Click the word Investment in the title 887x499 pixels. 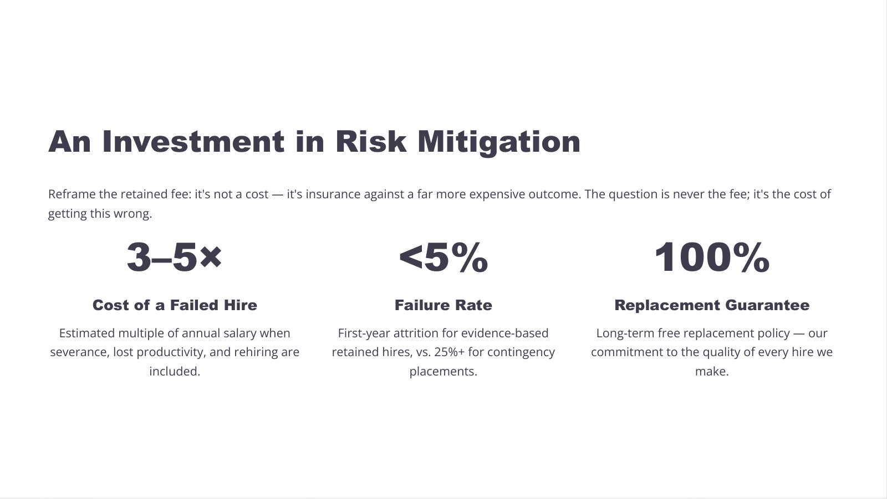click(193, 141)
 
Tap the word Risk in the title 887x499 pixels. click(371, 141)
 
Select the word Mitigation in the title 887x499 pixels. click(499, 143)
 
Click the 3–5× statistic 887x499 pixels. click(174, 257)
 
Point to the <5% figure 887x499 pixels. click(443, 257)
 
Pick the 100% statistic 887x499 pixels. click(712, 257)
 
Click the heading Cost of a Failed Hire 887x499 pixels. click(175, 305)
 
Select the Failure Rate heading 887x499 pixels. click(443, 305)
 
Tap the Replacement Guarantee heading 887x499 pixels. click(712, 305)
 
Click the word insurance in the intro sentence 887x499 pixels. click(333, 194)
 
